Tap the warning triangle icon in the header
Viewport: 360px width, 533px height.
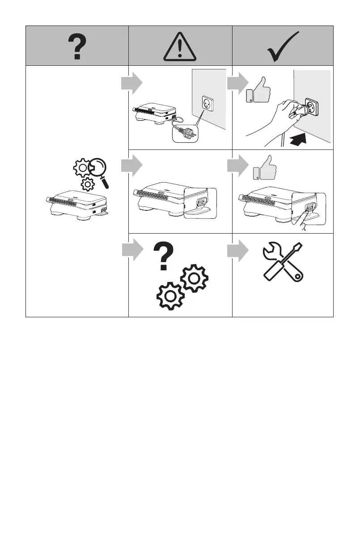click(x=180, y=47)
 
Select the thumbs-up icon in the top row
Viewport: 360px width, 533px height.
click(x=262, y=90)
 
